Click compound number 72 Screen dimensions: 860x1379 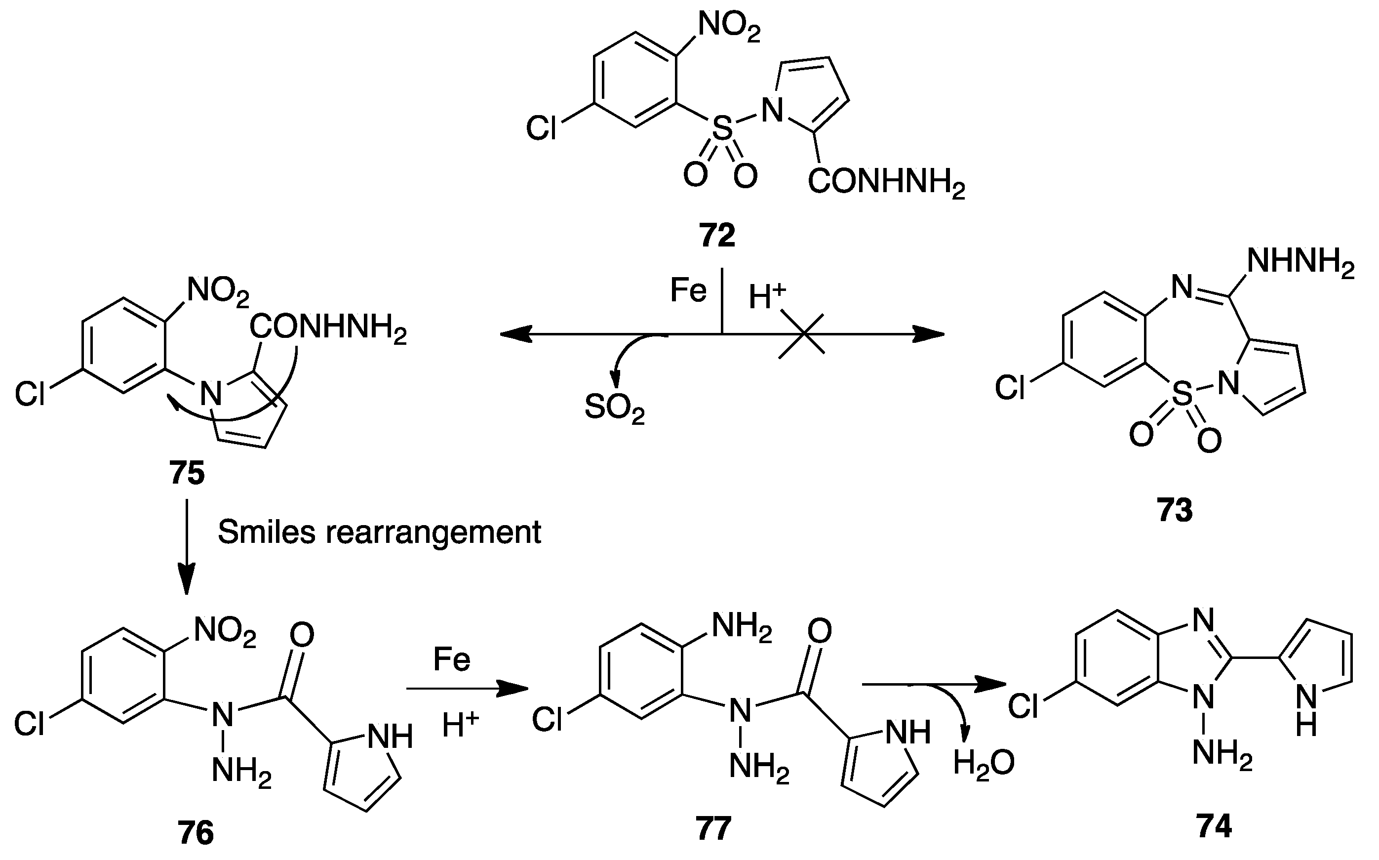click(x=717, y=235)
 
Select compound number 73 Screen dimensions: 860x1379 click(x=1175, y=510)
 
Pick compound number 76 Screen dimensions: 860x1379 click(x=196, y=833)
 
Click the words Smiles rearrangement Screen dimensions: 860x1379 click(x=379, y=532)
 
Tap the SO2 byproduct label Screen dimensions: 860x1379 click(x=615, y=409)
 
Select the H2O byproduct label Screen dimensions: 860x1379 click(x=984, y=763)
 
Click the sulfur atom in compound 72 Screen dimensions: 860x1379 click(x=722, y=128)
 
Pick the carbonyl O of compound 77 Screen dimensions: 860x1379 click(x=819, y=631)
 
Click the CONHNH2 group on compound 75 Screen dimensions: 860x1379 click(x=327, y=329)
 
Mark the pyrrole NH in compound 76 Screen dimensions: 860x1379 click(x=390, y=737)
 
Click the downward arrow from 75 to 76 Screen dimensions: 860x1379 click(x=187, y=546)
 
